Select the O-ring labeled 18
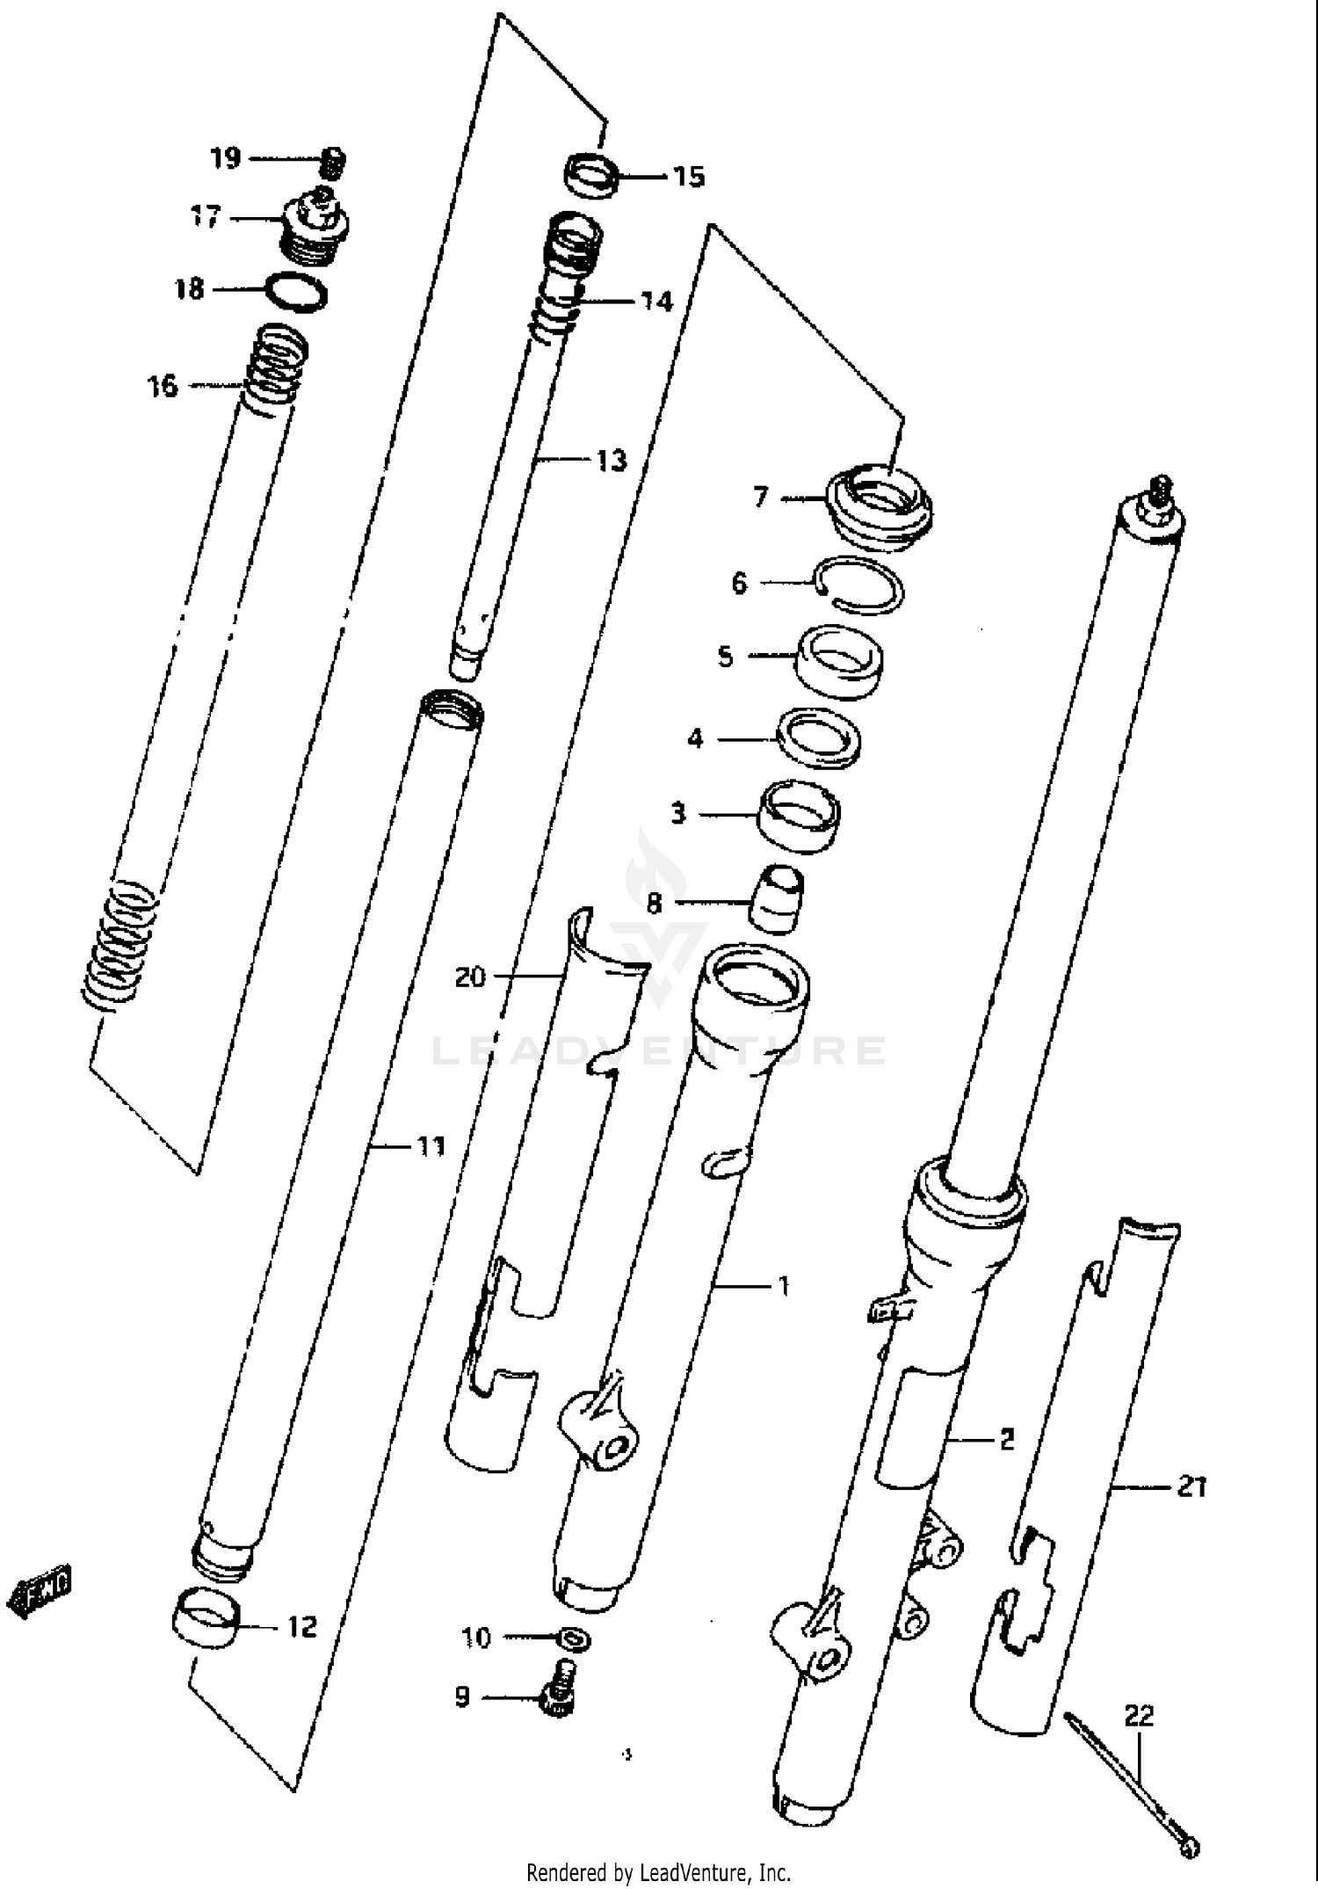click(297, 291)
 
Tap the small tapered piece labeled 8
click(775, 896)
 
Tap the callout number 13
click(612, 460)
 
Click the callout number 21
click(1191, 1488)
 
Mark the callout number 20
click(470, 977)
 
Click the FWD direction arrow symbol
click(40, 1589)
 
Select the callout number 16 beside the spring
click(163, 385)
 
